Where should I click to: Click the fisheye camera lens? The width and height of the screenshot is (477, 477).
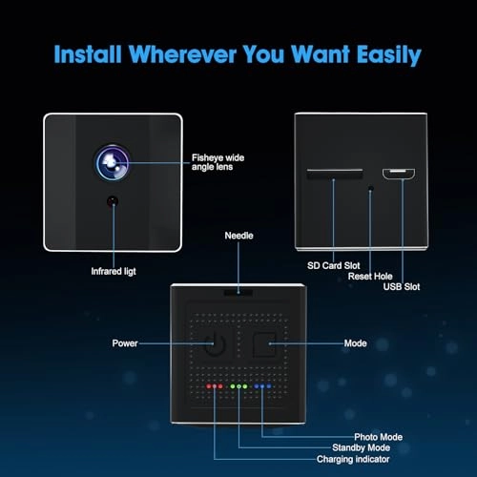pos(113,163)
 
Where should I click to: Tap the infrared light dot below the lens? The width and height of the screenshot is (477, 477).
pos(113,201)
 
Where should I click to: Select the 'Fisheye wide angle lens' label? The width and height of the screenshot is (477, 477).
pos(218,162)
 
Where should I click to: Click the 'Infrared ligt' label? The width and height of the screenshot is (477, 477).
pos(114,271)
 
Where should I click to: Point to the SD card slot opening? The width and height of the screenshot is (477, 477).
pos(335,173)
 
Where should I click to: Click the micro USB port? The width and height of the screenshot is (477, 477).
pos(399,174)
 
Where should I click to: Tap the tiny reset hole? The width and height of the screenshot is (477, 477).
pos(370,189)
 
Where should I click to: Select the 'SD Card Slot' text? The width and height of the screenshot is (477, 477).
pos(334,265)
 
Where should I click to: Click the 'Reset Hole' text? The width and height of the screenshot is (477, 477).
pos(370,276)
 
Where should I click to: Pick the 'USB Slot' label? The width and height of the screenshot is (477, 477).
pos(402,286)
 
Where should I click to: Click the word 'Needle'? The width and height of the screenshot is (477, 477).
pos(238,236)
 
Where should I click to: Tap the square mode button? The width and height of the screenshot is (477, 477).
pos(264,344)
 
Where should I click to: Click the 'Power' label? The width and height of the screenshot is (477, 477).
pos(125,343)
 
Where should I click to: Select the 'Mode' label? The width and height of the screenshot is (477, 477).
pos(356,343)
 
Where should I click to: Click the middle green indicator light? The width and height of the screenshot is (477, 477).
pos(238,386)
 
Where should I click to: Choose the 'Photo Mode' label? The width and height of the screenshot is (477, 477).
pos(379,437)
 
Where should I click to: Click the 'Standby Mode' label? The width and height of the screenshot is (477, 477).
pos(362,447)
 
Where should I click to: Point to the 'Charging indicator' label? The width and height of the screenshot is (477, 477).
pos(353,459)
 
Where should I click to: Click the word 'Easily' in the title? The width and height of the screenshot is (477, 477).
pos(389,55)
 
